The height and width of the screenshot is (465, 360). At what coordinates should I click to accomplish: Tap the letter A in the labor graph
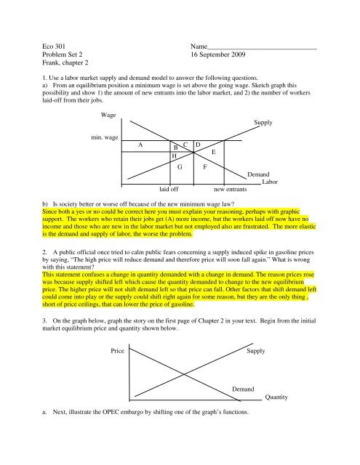[x=140, y=145]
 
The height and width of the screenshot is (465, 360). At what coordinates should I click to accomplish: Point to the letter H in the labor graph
[x=174, y=155]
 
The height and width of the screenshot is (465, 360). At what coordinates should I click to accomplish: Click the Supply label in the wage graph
[x=263, y=123]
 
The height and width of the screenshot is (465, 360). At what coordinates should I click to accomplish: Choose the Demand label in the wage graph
[x=260, y=174]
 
